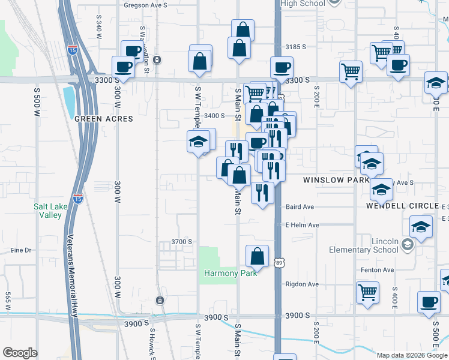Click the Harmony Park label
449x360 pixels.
(x=231, y=273)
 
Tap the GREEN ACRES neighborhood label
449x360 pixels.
(x=104, y=119)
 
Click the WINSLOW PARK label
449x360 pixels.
(x=336, y=179)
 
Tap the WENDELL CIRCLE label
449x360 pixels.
(x=402, y=206)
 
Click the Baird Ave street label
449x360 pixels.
(x=300, y=206)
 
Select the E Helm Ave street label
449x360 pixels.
(x=302, y=225)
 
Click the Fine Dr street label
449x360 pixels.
(x=20, y=250)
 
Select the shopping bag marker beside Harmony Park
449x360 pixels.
(x=257, y=256)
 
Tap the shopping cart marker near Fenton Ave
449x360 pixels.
(x=367, y=293)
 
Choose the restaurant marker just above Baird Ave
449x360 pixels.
(x=262, y=193)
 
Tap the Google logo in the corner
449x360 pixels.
(x=19, y=353)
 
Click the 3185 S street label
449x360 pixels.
(x=296, y=47)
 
